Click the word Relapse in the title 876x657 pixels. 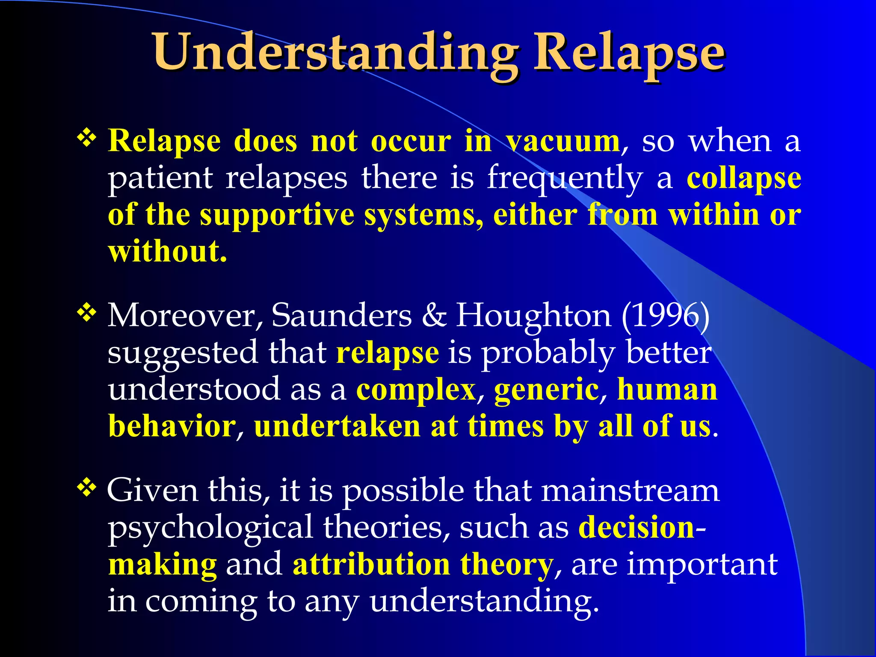point(629,53)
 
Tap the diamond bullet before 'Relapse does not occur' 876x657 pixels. point(86,138)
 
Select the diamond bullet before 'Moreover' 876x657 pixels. point(86,313)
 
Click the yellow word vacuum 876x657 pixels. point(563,141)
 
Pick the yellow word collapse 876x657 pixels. point(744,178)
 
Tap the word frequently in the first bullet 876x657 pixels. point(565,178)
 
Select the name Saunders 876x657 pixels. point(342,316)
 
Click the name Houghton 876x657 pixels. point(533,316)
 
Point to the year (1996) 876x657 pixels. point(666,316)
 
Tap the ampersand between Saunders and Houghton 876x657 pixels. point(434,316)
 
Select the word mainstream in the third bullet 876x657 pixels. point(630,491)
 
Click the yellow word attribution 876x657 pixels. point(371,565)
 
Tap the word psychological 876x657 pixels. point(210,528)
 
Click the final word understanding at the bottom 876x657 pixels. point(483,601)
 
